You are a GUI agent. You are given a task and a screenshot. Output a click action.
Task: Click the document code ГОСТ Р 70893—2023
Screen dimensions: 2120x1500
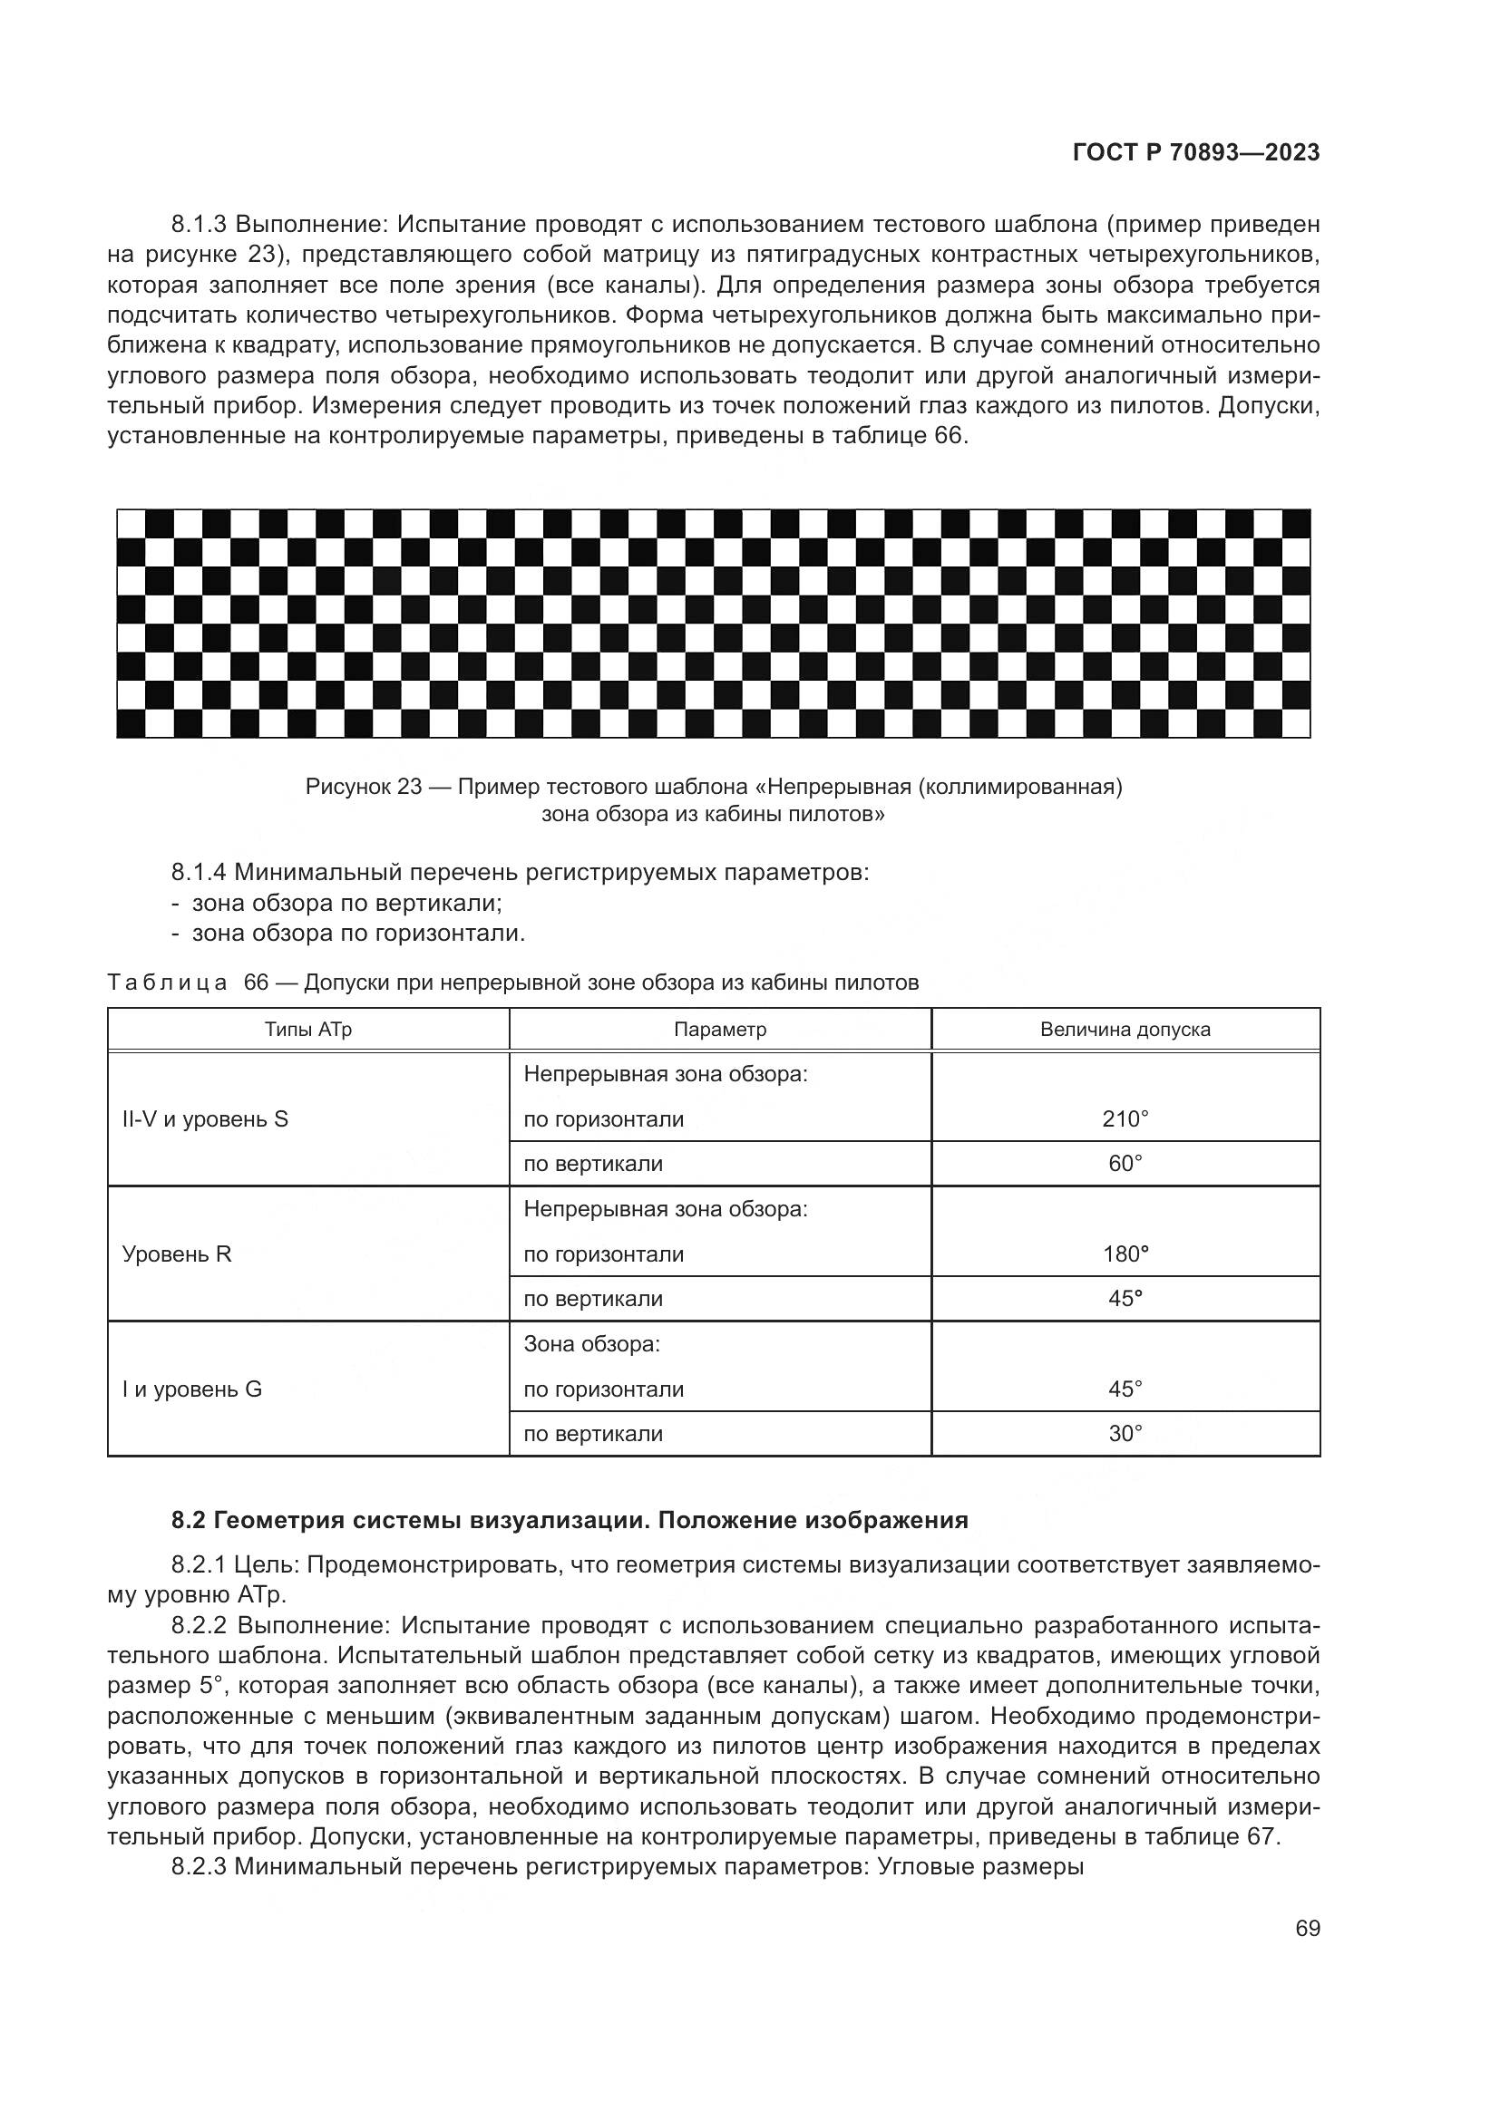[x=1196, y=153]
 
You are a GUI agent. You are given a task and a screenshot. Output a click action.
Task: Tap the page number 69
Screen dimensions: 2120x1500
[x=1307, y=1928]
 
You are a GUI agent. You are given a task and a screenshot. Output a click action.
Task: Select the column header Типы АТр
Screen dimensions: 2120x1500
[x=308, y=1030]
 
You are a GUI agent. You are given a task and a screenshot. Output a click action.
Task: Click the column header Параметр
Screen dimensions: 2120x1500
[x=719, y=1030]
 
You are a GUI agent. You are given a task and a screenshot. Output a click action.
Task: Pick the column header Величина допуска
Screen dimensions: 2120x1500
[x=1125, y=1030]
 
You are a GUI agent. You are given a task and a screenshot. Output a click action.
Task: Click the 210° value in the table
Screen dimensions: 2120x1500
[x=1125, y=1119]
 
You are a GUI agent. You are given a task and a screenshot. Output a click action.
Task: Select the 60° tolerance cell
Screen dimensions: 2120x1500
[x=1125, y=1164]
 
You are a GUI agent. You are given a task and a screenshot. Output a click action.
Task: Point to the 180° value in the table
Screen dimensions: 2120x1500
[x=1125, y=1254]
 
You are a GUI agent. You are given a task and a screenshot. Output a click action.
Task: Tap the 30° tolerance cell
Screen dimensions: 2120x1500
[x=1125, y=1433]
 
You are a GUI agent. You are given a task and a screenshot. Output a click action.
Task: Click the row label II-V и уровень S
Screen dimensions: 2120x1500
[x=205, y=1119]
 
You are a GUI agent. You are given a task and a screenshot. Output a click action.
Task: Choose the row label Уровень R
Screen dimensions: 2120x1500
[x=177, y=1254]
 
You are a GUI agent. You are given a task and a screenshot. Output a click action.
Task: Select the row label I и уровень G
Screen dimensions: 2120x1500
[x=192, y=1389]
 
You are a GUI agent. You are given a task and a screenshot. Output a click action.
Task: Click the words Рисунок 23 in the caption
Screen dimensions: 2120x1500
[x=363, y=787]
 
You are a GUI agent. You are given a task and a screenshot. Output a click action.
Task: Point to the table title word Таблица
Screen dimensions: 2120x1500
[x=167, y=983]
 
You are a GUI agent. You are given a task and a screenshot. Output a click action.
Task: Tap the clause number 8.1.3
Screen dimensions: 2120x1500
[x=200, y=225]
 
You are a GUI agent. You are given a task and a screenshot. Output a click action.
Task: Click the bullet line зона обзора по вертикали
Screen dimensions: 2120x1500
[x=346, y=903]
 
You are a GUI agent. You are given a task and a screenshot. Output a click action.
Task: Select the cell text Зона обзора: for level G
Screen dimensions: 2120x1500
[x=591, y=1344]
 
